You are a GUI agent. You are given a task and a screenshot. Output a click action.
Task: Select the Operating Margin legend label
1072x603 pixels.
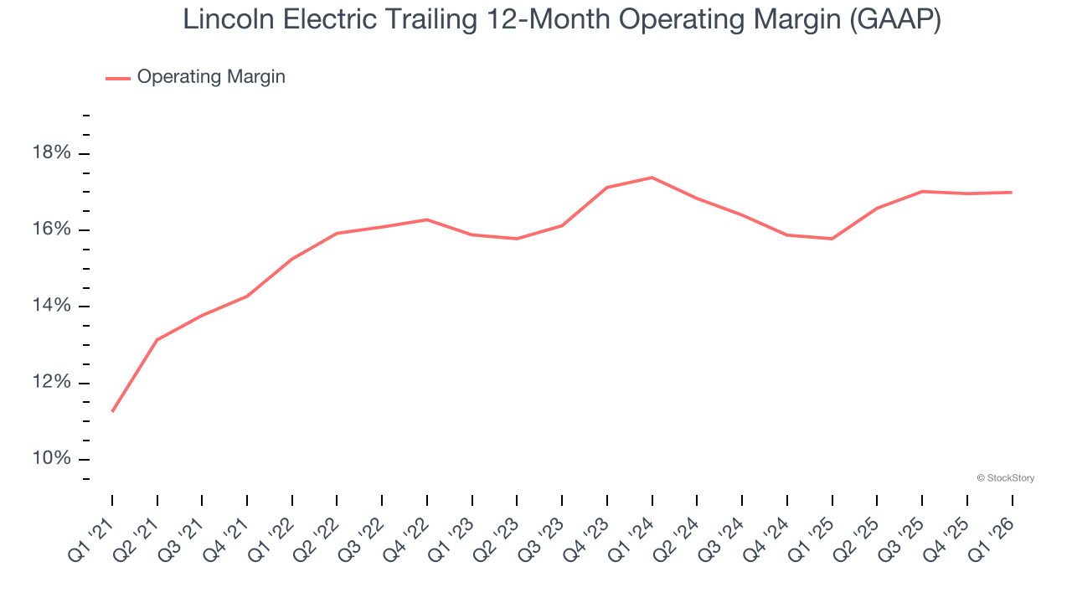coord(211,77)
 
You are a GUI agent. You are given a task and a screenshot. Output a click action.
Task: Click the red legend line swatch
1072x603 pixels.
coord(118,78)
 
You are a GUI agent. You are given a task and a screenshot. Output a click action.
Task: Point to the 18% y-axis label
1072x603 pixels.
coord(52,153)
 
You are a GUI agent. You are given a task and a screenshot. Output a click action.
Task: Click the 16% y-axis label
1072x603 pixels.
coord(52,230)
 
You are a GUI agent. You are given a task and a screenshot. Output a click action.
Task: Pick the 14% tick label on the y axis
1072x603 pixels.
coord(52,307)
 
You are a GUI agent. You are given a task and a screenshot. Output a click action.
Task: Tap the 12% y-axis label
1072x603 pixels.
coord(52,383)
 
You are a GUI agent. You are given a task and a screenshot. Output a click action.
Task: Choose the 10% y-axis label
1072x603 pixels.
coord(52,459)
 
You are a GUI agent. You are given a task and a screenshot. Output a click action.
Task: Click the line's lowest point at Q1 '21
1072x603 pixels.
coord(112,411)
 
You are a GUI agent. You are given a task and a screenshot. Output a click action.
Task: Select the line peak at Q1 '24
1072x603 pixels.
coord(652,178)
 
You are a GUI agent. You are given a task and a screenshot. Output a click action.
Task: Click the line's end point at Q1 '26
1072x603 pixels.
coord(1012,193)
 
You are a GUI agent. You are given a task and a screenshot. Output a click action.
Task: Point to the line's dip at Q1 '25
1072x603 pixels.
coord(832,239)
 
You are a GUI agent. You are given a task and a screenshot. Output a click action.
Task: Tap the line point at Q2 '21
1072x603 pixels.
coord(157,340)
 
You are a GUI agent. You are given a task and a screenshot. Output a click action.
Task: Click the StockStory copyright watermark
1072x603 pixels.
coord(1006,478)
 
